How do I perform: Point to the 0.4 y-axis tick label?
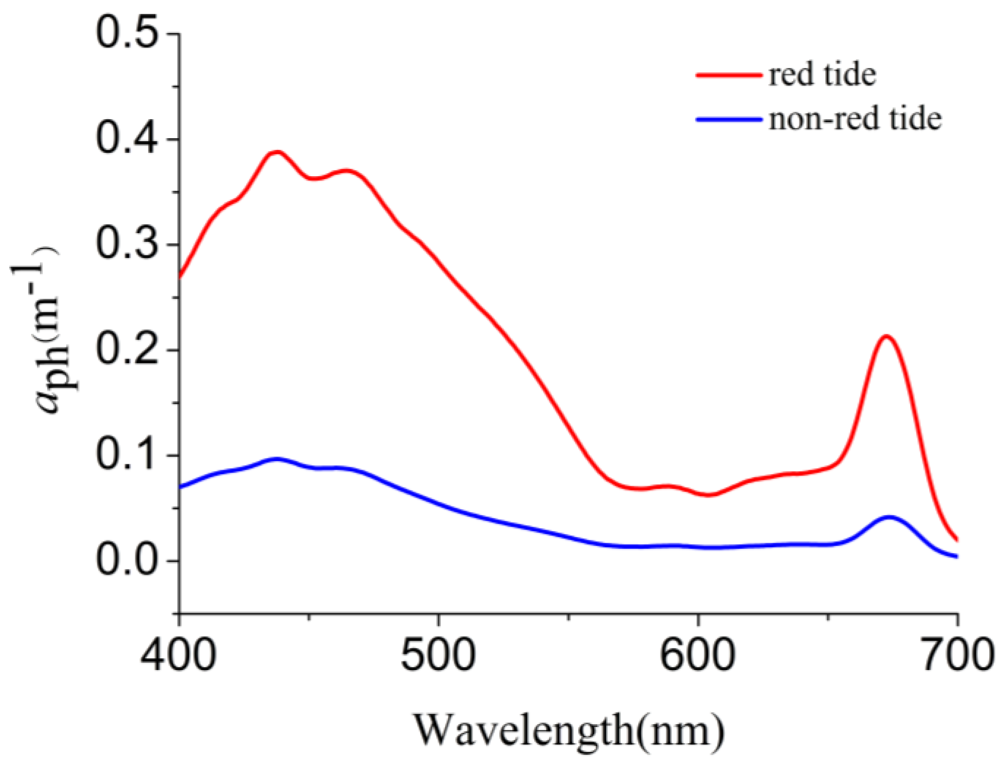[128, 139]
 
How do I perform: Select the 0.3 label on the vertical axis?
[128, 244]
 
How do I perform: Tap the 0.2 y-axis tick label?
[128, 349]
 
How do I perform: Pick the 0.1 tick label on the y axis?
[128, 455]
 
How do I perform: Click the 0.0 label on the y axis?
[128, 561]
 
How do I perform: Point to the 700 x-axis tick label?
[957, 656]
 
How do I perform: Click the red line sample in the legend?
[729, 75]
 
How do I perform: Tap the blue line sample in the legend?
[729, 119]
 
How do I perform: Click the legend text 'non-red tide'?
[855, 119]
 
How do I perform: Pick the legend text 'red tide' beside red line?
[822, 75]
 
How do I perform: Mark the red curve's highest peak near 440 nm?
[277, 152]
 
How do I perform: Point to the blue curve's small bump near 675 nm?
[890, 517]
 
